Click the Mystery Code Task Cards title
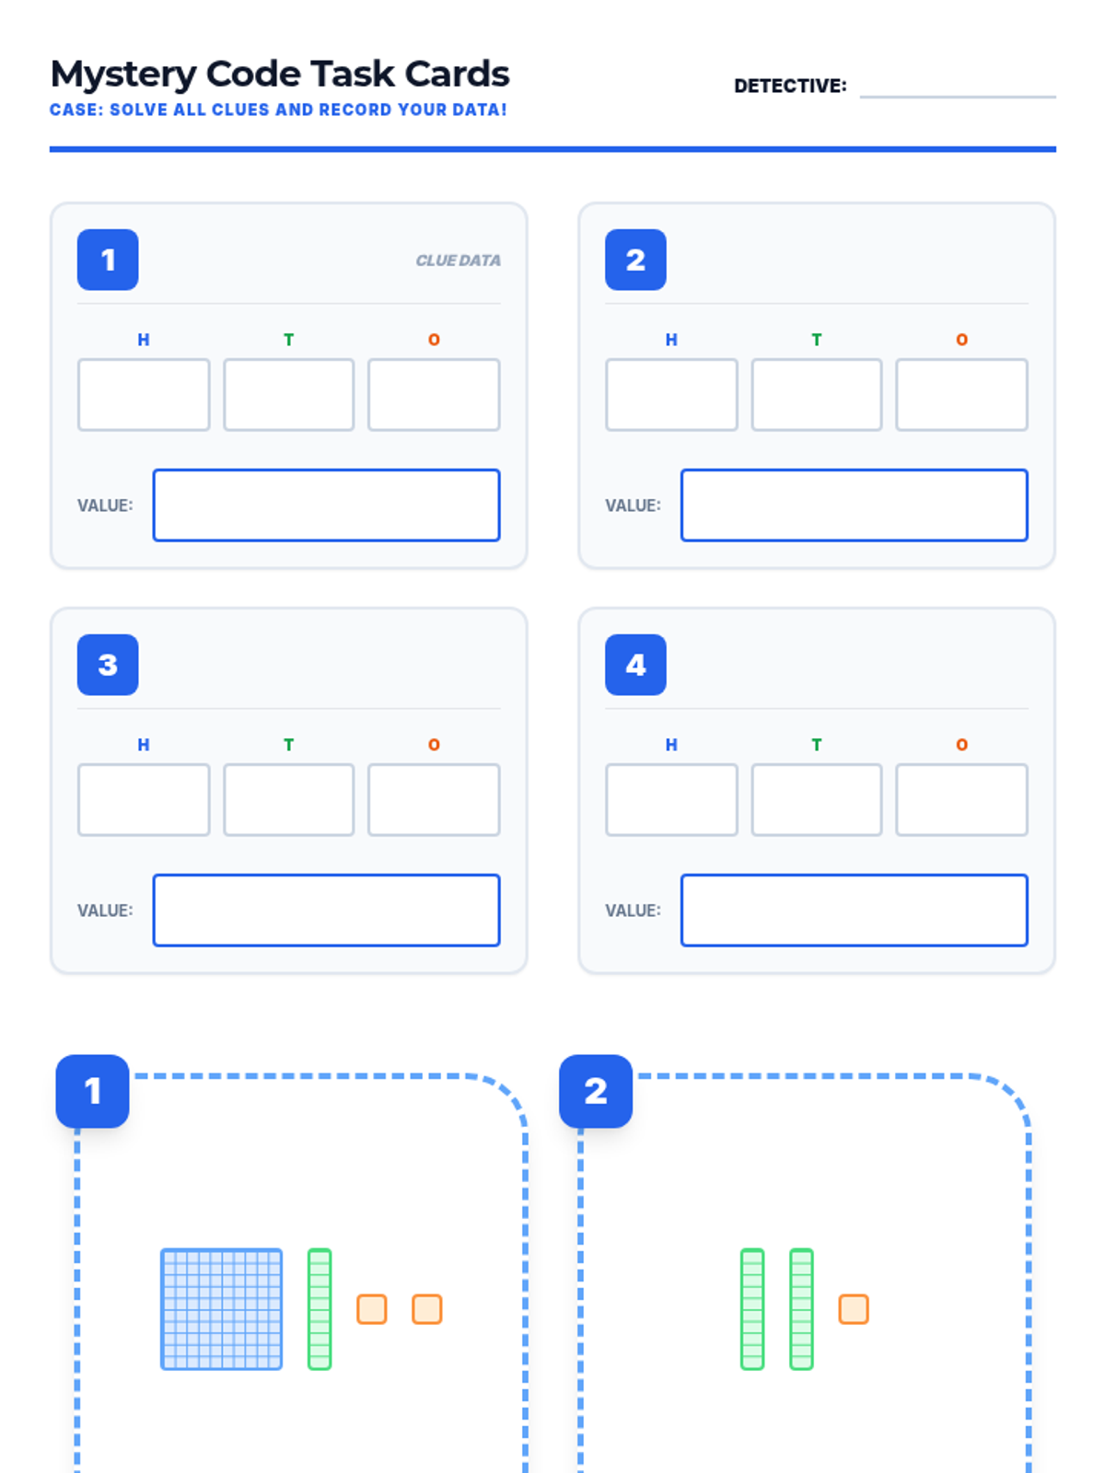280,75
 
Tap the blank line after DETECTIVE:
957,88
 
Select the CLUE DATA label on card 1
458,261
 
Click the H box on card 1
144,395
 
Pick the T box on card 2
816,395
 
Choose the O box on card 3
434,800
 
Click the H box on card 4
671,800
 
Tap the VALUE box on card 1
326,505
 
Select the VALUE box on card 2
854,505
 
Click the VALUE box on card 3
326,910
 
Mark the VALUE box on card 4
854,910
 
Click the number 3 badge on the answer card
108,665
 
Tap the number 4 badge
635,665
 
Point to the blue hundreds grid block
221,1309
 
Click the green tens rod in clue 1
320,1309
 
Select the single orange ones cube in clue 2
854,1309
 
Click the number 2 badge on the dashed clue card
596,1091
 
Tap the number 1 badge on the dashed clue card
92,1091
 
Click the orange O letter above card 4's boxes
961,745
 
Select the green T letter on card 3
288,745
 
